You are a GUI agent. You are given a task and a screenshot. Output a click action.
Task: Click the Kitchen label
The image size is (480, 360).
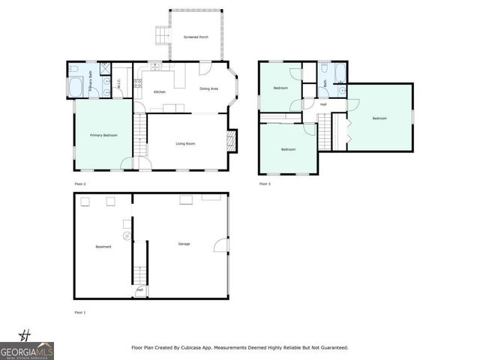(x=160, y=91)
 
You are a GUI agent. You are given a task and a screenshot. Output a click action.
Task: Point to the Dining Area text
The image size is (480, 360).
(x=208, y=89)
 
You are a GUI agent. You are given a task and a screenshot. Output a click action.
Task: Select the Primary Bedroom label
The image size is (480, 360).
(x=101, y=135)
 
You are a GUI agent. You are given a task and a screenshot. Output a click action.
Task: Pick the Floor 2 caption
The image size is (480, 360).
(x=80, y=184)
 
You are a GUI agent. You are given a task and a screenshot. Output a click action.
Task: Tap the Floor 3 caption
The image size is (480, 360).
(x=265, y=184)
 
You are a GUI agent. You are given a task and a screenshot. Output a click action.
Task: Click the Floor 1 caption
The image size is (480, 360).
(x=80, y=311)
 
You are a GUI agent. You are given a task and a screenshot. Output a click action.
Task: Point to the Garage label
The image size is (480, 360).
(x=184, y=244)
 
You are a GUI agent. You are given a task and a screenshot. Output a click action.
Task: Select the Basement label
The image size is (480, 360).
(x=103, y=247)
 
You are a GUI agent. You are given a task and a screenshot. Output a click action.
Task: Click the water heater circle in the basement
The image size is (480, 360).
(x=127, y=235)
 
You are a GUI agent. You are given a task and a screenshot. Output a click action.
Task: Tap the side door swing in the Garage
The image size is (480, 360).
(x=219, y=244)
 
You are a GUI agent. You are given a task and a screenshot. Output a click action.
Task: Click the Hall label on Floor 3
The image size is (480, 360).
(x=323, y=104)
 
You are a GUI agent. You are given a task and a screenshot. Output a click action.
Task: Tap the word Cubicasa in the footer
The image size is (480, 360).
(x=206, y=348)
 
